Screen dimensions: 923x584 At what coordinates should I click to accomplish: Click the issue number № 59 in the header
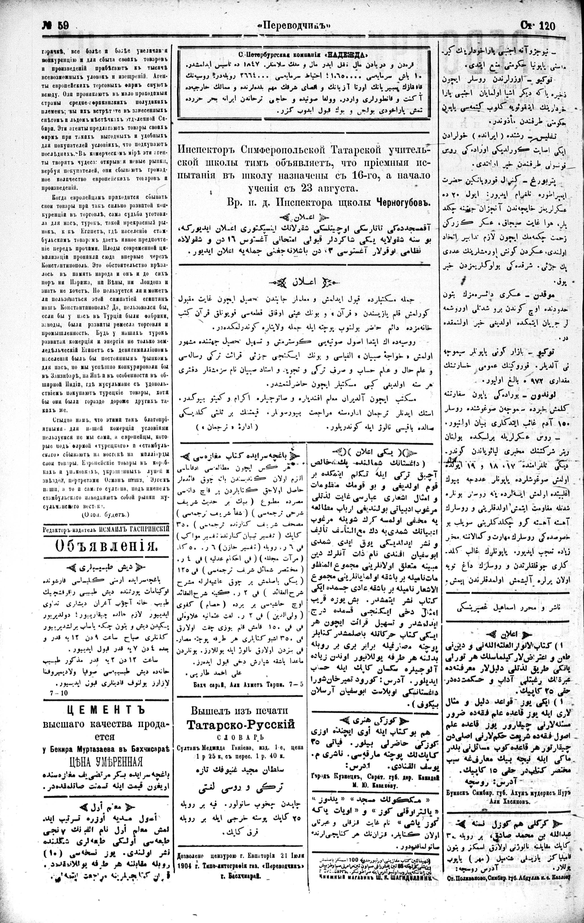pyautogui.click(x=55, y=26)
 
